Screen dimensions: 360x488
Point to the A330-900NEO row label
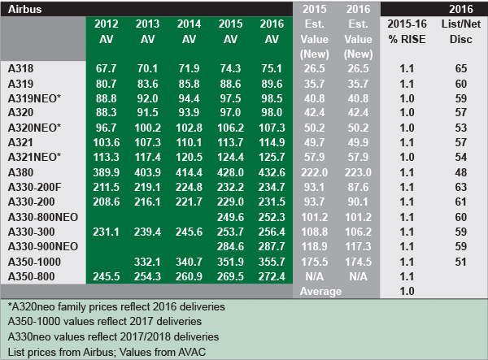(x=42, y=247)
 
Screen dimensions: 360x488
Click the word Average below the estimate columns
(x=315, y=291)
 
